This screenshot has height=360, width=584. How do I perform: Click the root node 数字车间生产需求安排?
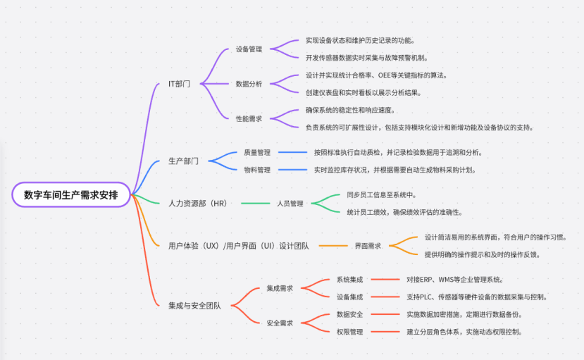(x=70, y=194)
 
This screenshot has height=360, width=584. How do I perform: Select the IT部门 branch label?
(x=179, y=84)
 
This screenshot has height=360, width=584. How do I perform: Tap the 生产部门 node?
(x=183, y=161)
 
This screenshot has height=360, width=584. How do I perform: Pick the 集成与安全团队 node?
(x=194, y=305)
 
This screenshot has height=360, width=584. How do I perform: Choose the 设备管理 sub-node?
(x=249, y=49)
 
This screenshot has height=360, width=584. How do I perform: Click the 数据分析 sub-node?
(x=249, y=84)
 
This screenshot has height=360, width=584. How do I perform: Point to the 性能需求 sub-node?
(x=249, y=118)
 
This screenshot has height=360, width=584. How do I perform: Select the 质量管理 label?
(x=257, y=152)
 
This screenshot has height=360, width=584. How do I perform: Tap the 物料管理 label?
(x=257, y=170)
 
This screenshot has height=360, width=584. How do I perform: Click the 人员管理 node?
(x=290, y=204)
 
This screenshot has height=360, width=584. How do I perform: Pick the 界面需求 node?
(x=368, y=246)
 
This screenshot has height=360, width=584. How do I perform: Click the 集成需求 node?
(x=280, y=288)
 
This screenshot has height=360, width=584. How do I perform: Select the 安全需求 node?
(x=280, y=323)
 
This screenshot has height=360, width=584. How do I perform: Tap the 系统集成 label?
(x=349, y=280)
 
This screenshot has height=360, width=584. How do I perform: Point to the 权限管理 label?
(x=349, y=331)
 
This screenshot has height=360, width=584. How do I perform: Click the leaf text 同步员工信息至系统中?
(x=381, y=194)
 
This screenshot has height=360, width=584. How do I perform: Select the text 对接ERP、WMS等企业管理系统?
(x=454, y=280)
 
